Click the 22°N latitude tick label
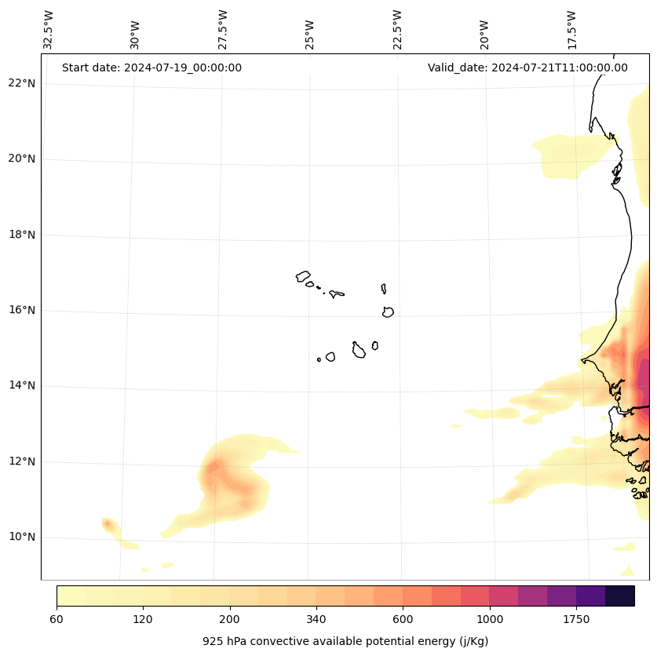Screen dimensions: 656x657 click(x=22, y=83)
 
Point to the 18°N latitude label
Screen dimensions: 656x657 click(x=22, y=235)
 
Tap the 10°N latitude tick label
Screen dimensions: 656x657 click(x=22, y=538)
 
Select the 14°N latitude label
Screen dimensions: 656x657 click(x=22, y=386)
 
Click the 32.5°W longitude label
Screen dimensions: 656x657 click(x=49, y=30)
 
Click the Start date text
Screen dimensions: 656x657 click(x=151, y=67)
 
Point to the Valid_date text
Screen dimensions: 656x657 click(x=527, y=67)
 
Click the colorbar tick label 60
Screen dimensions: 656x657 click(x=57, y=620)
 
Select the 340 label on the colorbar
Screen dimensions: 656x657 click(x=316, y=620)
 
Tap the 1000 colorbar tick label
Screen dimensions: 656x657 click(x=490, y=620)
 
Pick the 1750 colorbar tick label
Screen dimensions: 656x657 click(x=576, y=620)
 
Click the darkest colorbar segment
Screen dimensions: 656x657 click(x=620, y=596)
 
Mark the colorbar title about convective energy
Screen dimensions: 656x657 click(x=345, y=641)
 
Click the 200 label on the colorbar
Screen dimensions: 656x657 click(x=230, y=620)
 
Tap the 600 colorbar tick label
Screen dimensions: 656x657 click(x=403, y=620)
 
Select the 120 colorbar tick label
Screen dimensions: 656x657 click(x=143, y=620)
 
